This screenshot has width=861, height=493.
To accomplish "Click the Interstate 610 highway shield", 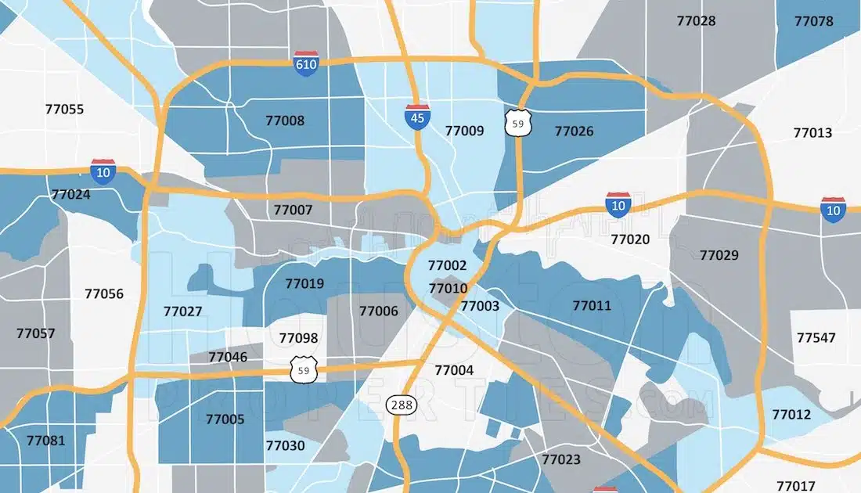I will (306, 63).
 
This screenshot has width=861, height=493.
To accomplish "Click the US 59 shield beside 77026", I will (513, 124).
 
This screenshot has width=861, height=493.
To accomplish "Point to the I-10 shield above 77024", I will (103, 171).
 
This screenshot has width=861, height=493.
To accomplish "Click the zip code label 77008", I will (285, 121).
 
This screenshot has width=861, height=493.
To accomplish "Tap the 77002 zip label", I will (447, 265).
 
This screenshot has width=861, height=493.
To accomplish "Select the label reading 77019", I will (304, 283).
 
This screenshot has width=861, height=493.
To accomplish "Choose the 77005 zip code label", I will (225, 419).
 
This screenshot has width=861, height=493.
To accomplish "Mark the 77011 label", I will (592, 305).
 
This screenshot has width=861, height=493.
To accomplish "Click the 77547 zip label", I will (816, 337).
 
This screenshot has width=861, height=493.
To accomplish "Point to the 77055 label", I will (64, 109).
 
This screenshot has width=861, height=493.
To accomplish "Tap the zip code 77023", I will (561, 459).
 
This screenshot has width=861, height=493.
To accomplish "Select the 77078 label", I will (814, 21).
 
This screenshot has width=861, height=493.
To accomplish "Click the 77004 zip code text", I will (454, 369).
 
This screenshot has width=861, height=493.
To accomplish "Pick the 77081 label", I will (45, 440).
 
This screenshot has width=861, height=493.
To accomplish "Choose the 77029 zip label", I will (719, 254).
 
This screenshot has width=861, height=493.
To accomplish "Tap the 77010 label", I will (448, 288).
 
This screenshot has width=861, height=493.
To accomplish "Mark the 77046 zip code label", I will (229, 357).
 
